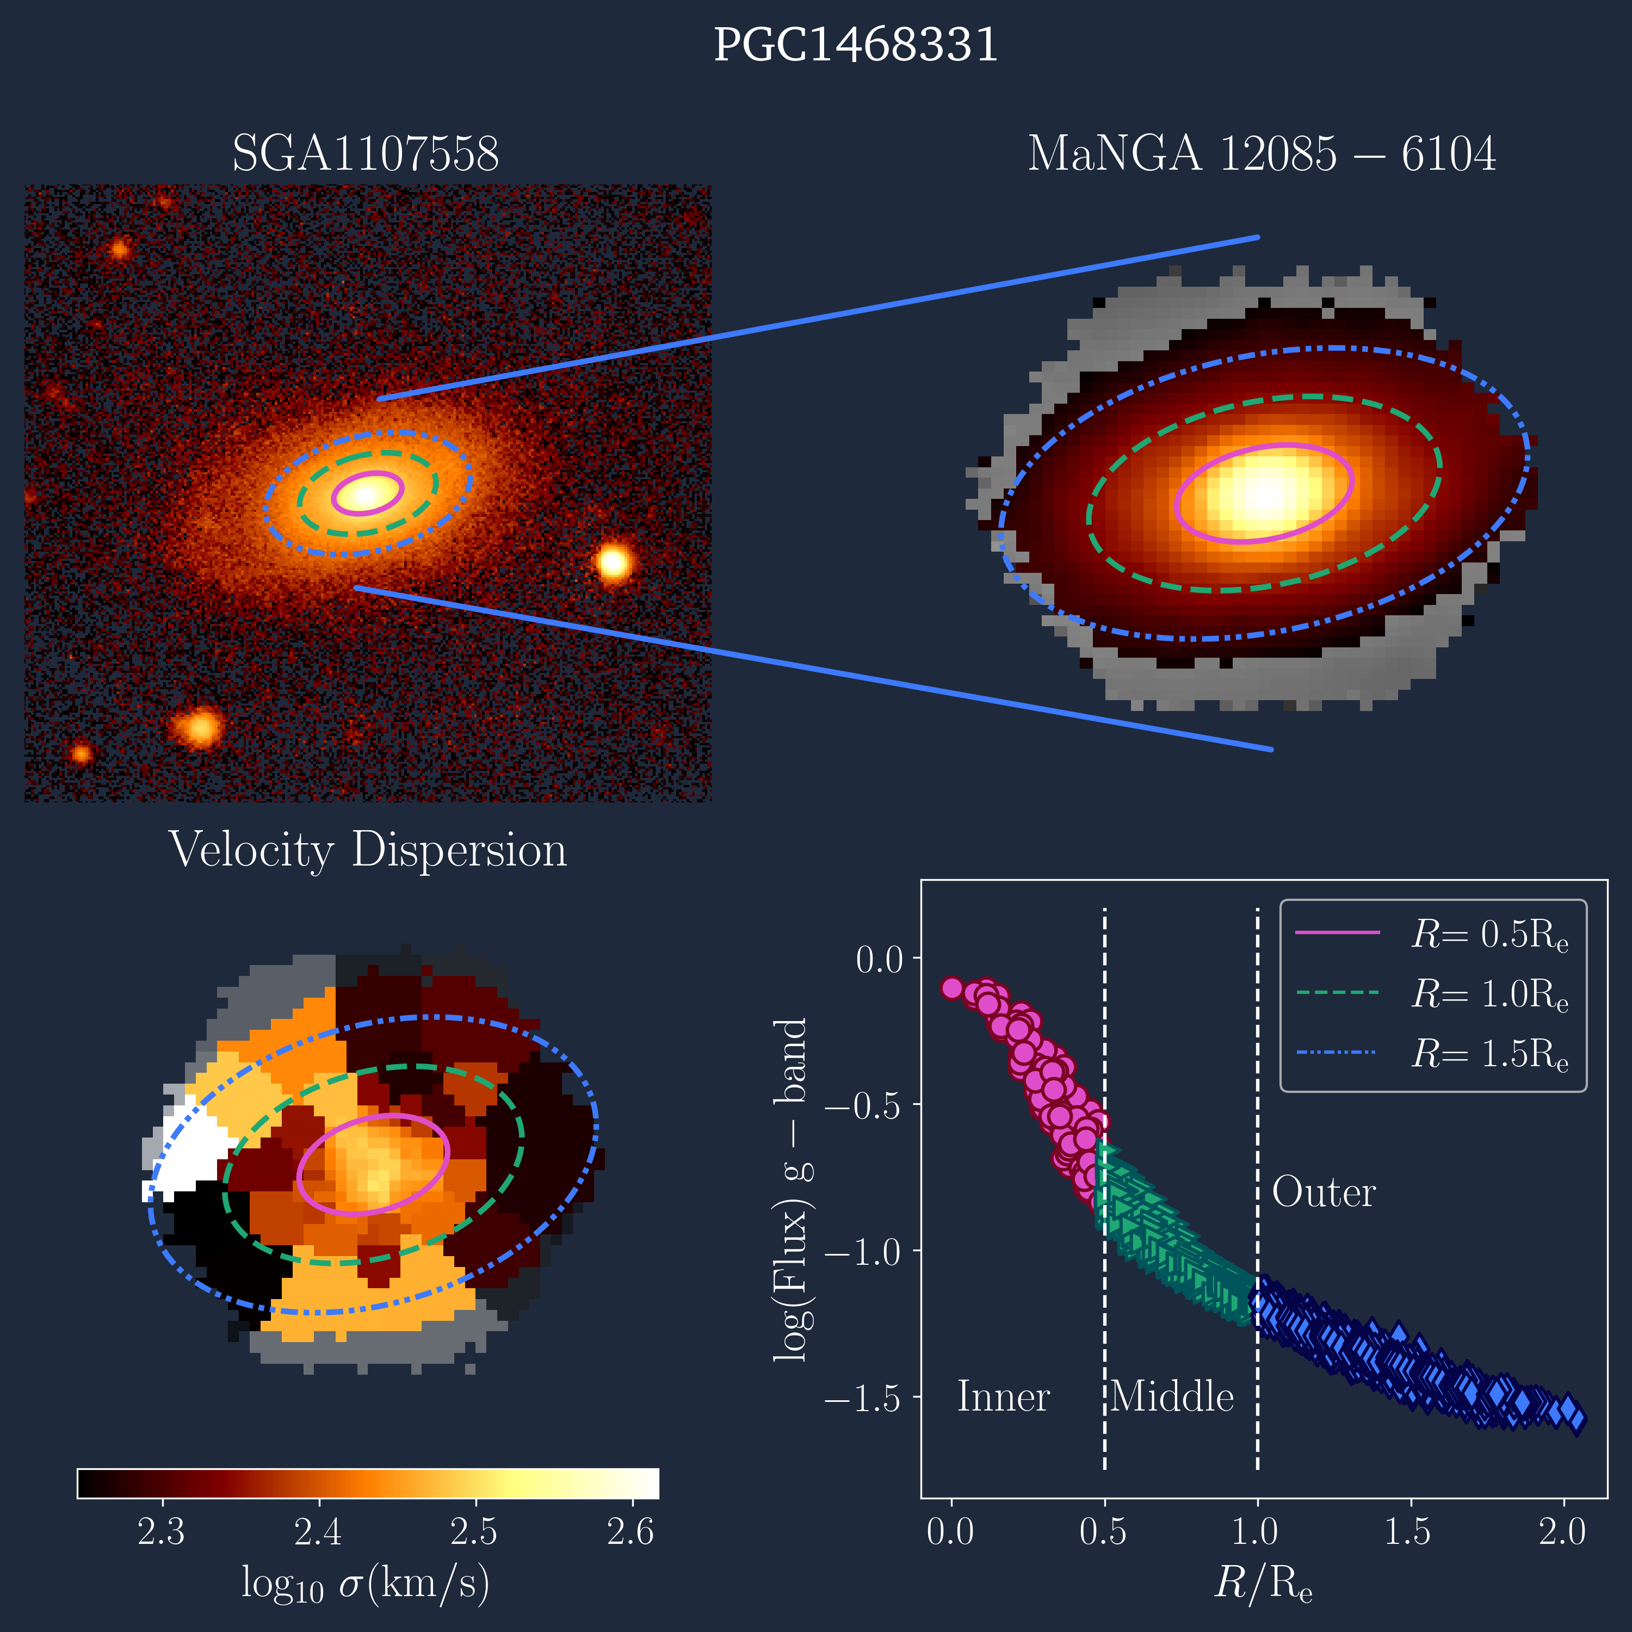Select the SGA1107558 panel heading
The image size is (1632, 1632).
click(366, 154)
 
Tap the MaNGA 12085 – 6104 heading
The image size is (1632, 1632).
click(1261, 154)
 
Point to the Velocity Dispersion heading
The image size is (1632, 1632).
click(367, 849)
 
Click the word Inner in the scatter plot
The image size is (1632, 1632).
click(1004, 1396)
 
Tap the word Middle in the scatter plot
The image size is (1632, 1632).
click(1172, 1396)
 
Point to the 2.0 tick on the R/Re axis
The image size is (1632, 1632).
click(1563, 1531)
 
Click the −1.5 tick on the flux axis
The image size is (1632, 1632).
click(874, 1399)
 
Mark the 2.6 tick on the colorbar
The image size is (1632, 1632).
click(631, 1531)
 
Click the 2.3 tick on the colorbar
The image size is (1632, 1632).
click(162, 1531)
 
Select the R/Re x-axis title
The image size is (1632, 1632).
click(1263, 1582)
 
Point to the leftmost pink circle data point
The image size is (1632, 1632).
click(952, 987)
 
